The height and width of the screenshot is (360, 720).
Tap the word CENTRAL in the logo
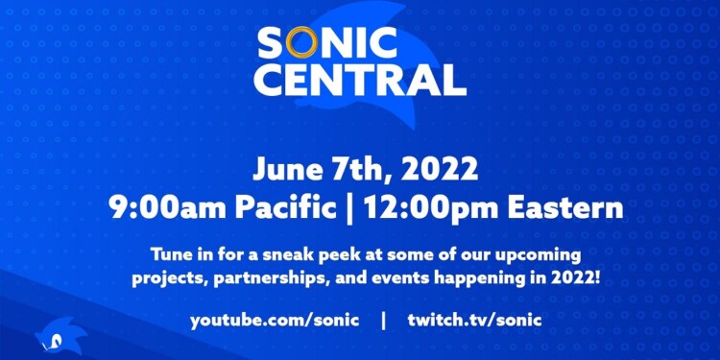point(360,79)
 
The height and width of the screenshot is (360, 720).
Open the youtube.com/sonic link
point(274,319)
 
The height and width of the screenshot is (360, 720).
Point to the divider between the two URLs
point(383,319)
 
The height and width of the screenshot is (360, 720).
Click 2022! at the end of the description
point(563,278)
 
